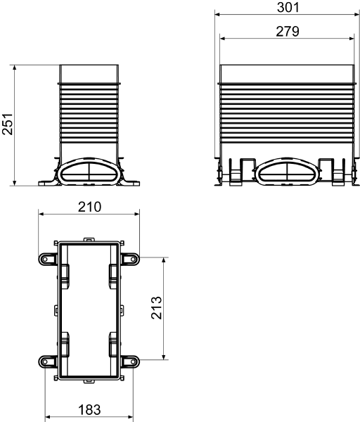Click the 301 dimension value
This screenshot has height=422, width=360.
288,7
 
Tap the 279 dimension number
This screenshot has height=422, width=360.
288,31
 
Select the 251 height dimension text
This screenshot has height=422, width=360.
7,124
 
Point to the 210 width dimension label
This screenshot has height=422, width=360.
89,207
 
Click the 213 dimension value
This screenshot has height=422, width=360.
156,308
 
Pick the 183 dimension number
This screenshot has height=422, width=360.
89,410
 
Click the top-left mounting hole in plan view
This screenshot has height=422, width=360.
45,260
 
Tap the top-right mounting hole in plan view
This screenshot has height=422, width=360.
133,260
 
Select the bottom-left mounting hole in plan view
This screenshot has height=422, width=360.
45,362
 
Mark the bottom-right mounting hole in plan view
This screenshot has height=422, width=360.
133,362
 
